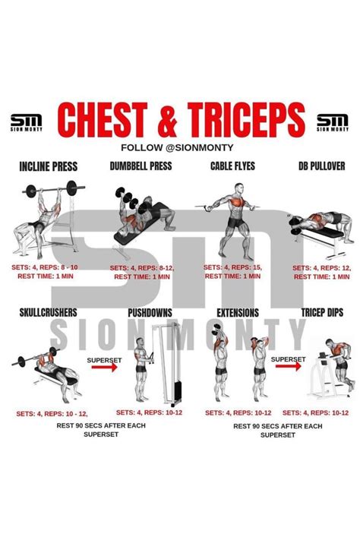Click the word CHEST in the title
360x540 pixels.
click(x=103, y=119)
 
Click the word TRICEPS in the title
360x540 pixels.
click(x=246, y=119)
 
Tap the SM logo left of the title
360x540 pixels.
click(x=26, y=123)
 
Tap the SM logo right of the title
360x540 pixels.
click(x=333, y=123)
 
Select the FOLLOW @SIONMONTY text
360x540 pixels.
click(x=177, y=148)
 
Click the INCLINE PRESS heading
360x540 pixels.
click(x=49, y=166)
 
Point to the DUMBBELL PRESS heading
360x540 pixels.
click(x=141, y=166)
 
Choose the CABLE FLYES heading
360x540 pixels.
click(x=233, y=166)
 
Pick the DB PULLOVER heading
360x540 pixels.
click(x=322, y=166)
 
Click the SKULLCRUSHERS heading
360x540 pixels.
click(x=49, y=312)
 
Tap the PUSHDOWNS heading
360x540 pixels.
click(x=150, y=313)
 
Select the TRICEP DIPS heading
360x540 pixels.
click(x=323, y=312)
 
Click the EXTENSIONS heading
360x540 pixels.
click(x=238, y=313)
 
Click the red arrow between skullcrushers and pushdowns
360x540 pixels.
click(x=104, y=368)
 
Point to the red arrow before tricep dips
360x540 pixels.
click(x=288, y=366)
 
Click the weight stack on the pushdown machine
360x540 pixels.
click(x=178, y=390)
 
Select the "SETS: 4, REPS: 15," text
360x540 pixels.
click(x=232, y=267)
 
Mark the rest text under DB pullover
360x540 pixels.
click(x=322, y=277)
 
